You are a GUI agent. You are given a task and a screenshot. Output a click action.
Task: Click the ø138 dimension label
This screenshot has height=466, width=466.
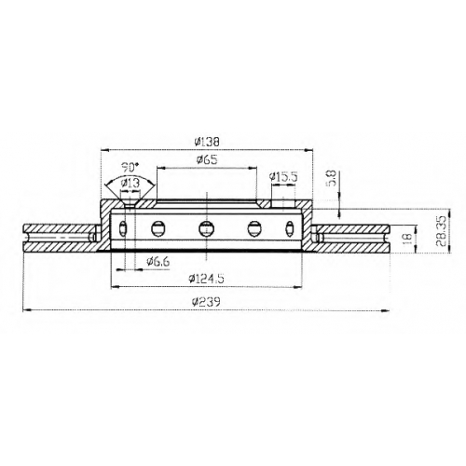coord(207,142)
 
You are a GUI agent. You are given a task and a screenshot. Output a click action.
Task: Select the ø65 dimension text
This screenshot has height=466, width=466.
coord(207,159)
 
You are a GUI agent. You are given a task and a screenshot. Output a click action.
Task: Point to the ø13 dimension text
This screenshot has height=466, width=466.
coord(130,183)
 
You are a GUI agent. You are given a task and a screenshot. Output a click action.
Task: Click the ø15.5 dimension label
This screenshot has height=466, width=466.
coord(283,177)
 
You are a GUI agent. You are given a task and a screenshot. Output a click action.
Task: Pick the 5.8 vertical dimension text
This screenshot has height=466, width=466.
coord(332,178)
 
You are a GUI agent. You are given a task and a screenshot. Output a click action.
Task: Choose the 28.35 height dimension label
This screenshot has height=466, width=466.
coord(441,231)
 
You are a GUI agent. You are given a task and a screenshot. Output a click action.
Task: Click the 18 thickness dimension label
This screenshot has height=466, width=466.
coord(407,239)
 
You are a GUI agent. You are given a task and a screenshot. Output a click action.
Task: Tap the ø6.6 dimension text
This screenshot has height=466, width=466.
coord(158,262)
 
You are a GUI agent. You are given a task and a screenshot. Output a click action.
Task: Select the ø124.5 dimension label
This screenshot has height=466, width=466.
coord(206,279)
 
